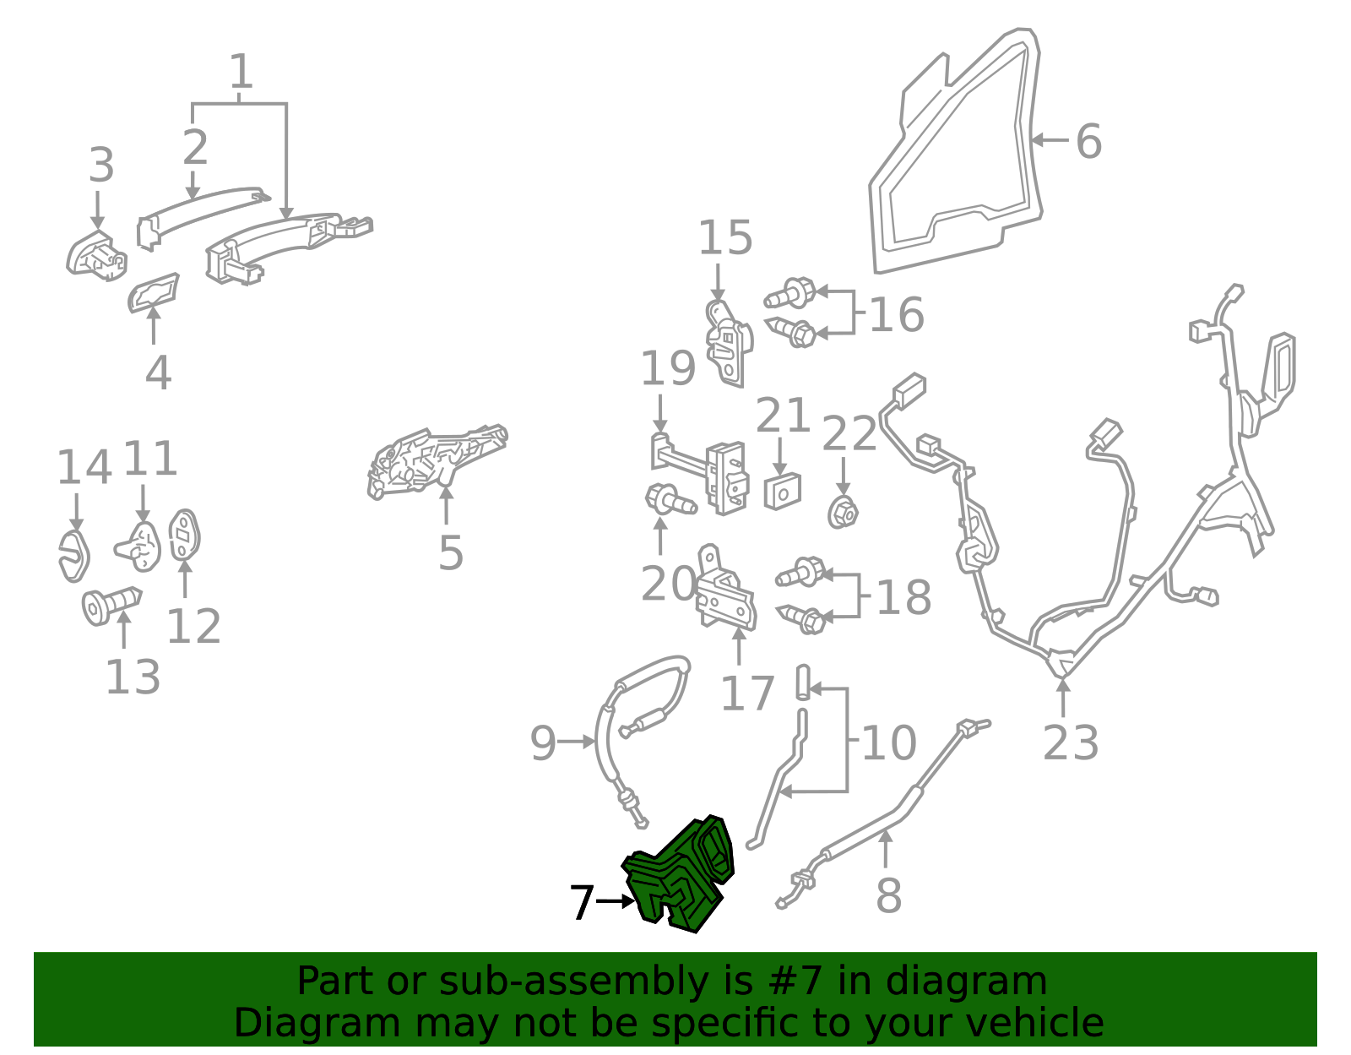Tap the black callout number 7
tap(582, 903)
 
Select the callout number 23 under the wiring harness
tap(1071, 743)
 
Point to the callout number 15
tap(725, 237)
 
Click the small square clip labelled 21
tap(783, 492)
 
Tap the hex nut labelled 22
tap(843, 513)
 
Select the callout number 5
tap(451, 552)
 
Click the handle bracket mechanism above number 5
tap(435, 460)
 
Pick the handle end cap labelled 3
tap(96, 255)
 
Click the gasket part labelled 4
tap(153, 293)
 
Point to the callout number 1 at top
tap(241, 71)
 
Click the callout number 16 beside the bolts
tap(896, 314)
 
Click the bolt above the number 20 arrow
tap(671, 500)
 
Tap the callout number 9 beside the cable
tap(542, 743)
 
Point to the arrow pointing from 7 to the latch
tap(616, 900)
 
